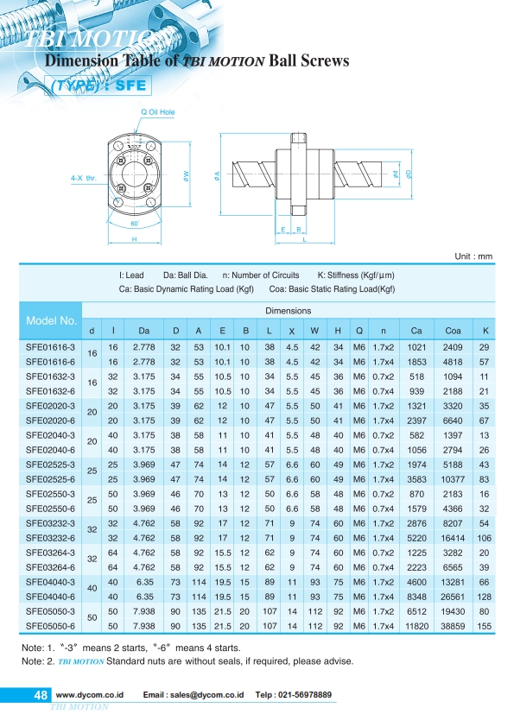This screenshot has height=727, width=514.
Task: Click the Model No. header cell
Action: click(x=51, y=320)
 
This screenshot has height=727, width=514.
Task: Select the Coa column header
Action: click(x=453, y=331)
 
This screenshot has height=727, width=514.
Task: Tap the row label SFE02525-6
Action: click(x=50, y=479)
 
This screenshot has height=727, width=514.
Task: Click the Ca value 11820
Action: click(x=416, y=626)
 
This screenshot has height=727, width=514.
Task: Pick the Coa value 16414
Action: click(x=453, y=538)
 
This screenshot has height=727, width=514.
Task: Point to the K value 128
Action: click(x=484, y=597)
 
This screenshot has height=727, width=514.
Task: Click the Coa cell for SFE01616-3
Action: click(x=453, y=347)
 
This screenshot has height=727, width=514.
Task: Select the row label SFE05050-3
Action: click(x=50, y=611)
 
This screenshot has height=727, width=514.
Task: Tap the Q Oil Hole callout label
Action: click(x=158, y=111)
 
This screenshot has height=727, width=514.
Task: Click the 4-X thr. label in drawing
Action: click(x=84, y=178)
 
